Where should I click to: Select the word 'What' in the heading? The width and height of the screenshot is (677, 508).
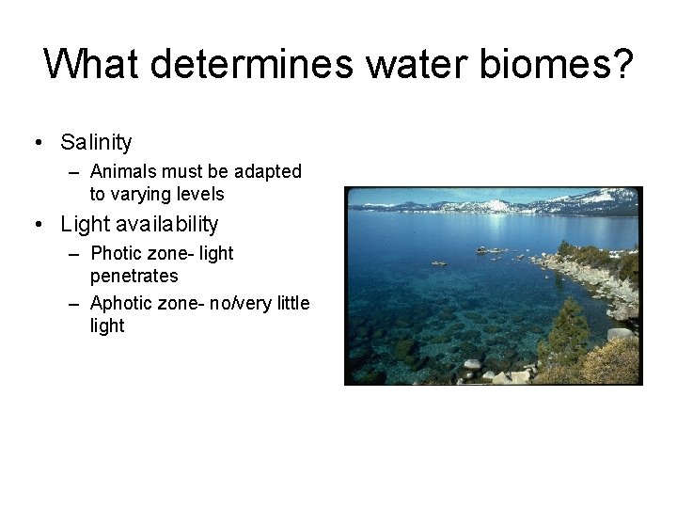click(x=91, y=65)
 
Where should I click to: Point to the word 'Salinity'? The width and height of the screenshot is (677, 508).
click(x=96, y=143)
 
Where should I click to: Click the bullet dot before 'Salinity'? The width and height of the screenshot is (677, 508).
click(x=37, y=143)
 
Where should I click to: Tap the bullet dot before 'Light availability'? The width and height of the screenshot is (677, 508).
click(x=37, y=225)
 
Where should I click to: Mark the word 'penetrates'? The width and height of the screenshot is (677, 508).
click(x=134, y=277)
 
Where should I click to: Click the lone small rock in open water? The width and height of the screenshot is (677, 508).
click(x=439, y=263)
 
